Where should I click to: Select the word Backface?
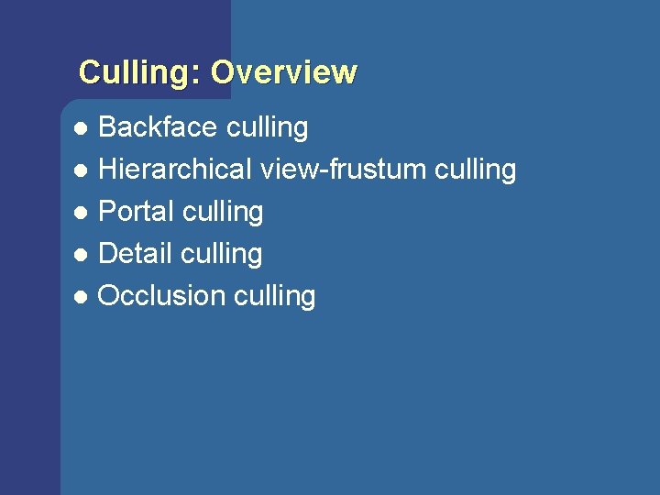(152, 127)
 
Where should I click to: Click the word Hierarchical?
(175, 170)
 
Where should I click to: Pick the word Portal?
(137, 212)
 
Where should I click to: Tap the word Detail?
(136, 254)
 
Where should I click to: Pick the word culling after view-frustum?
(476, 170)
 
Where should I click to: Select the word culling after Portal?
(223, 213)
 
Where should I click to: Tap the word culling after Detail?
(221, 255)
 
